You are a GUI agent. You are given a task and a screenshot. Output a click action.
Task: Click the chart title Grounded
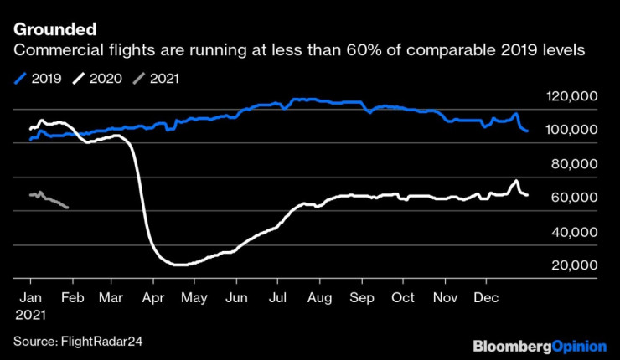point(49,31)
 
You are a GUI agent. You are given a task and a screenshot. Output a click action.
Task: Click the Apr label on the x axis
point(152,297)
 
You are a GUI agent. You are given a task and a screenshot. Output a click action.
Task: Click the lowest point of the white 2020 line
point(178,265)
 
